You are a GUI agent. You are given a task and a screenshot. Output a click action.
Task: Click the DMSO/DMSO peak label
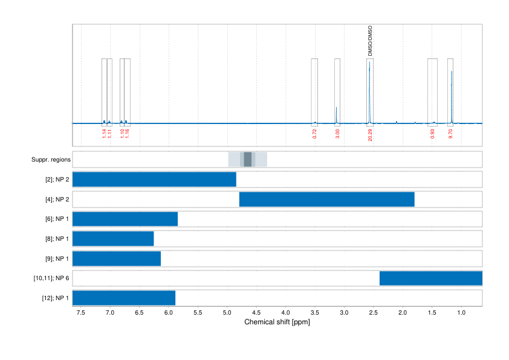pos(371,41)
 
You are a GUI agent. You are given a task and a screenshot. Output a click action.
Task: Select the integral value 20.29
pos(370,134)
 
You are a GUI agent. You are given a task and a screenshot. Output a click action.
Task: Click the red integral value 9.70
pos(450,134)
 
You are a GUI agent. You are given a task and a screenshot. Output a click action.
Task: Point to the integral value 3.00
pos(337,134)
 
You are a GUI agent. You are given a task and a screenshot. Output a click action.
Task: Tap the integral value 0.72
pos(314,134)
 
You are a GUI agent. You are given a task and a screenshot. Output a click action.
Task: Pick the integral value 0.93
pos(432,134)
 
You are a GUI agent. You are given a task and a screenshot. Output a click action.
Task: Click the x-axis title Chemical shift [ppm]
pos(277,322)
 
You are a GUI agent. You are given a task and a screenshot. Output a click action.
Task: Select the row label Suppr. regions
pos(51,160)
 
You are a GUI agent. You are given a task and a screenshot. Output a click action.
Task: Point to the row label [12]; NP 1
pos(54,298)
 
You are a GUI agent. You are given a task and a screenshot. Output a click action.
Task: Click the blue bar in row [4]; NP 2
pos(326,199)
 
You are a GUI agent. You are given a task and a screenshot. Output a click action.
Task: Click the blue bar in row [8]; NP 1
pos(113,238)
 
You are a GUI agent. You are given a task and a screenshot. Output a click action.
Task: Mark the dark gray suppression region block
pos(248,160)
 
